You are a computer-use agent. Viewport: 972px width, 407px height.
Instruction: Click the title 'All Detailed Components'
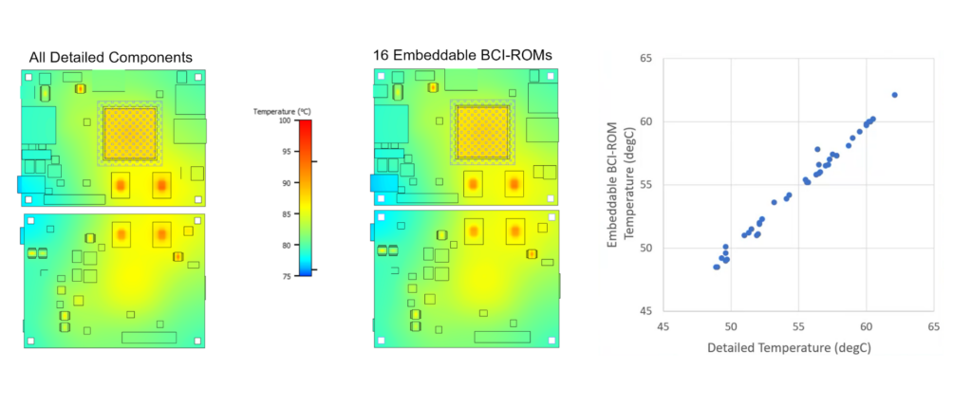[111, 56]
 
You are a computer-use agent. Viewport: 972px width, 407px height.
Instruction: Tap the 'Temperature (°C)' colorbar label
[283, 111]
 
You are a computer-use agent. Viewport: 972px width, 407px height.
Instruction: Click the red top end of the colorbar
[305, 125]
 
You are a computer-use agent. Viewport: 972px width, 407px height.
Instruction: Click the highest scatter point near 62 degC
[894, 95]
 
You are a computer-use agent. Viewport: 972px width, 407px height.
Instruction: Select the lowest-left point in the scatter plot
[716, 267]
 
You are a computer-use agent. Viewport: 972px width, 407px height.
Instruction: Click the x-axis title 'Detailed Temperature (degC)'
[789, 348]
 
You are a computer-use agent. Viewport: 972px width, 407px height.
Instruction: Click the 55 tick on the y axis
[645, 185]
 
